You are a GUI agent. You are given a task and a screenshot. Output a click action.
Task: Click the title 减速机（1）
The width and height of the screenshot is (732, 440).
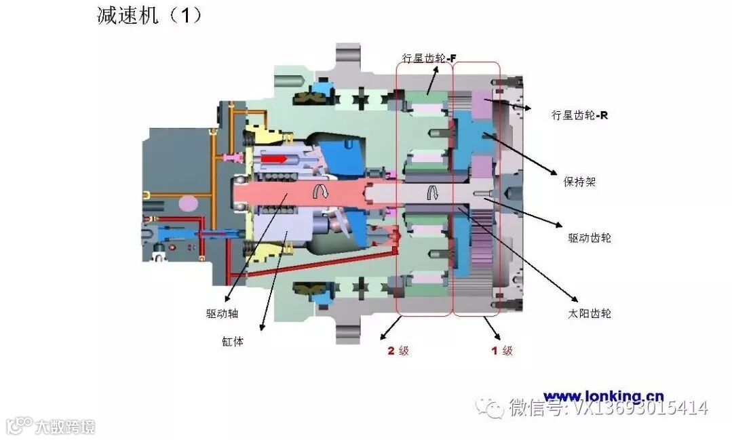150,16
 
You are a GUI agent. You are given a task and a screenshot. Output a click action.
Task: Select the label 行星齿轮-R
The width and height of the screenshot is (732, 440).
579,115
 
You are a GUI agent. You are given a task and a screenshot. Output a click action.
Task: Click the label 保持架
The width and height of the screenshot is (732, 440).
579,182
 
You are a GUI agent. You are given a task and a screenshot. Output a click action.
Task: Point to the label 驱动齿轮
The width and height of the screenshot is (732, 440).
589,238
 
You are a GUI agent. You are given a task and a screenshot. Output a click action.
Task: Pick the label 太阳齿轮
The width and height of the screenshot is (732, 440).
589,313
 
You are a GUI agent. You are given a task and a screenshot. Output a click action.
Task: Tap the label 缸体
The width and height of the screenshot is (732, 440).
233,341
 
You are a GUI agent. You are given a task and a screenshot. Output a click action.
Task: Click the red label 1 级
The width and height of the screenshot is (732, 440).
501,351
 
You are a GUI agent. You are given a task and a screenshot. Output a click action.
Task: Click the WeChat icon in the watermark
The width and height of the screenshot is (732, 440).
490,407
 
